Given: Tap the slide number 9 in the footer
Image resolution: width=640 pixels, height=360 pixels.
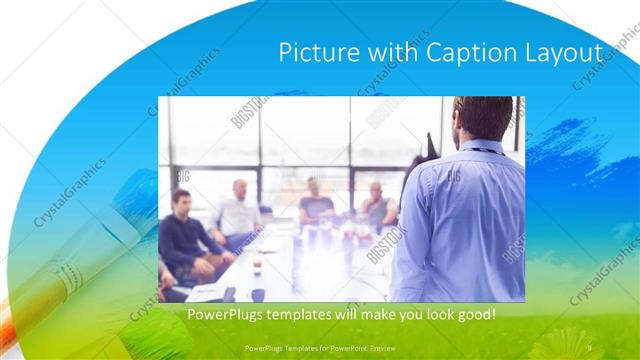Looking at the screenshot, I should (x=590, y=348).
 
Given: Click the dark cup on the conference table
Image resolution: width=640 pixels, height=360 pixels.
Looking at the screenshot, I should (x=258, y=294).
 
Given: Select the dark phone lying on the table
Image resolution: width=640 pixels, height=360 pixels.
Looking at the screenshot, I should (x=229, y=294).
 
